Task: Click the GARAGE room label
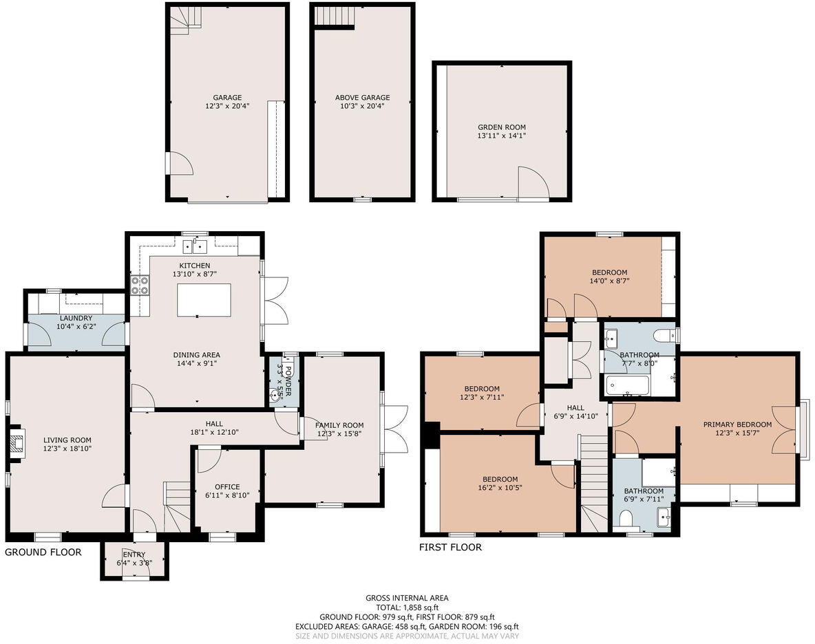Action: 227,98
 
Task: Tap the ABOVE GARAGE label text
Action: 362,98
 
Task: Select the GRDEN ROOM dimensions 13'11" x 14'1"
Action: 502,136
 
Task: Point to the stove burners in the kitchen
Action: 140,285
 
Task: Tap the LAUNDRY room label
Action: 76,318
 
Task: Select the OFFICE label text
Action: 227,486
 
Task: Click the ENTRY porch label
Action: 134,555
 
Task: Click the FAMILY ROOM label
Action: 340,425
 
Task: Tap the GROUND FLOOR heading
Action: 43,552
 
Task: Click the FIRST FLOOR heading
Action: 450,547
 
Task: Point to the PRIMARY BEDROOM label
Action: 737,425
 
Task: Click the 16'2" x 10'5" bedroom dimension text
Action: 500,489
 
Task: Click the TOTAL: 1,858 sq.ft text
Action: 407,608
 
